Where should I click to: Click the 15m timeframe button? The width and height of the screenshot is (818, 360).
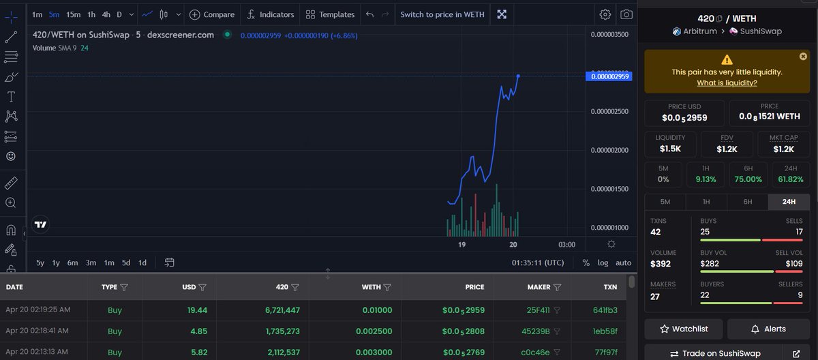click(x=73, y=14)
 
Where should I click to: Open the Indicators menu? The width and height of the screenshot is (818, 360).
click(x=271, y=14)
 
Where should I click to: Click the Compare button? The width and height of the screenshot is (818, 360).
click(x=212, y=14)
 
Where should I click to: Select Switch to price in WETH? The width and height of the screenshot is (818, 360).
click(x=442, y=14)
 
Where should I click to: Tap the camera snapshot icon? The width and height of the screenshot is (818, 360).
click(x=626, y=14)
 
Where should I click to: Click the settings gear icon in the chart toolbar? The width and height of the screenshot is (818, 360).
click(x=605, y=14)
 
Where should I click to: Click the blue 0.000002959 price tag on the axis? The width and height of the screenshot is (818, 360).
click(x=609, y=76)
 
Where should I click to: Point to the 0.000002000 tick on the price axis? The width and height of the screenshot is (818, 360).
click(x=609, y=150)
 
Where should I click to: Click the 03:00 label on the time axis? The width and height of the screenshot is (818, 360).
click(x=566, y=245)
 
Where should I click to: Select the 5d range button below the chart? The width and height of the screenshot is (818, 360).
click(x=126, y=263)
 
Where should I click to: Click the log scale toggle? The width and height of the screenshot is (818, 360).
click(x=603, y=263)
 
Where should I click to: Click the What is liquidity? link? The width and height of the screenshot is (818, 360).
click(x=727, y=83)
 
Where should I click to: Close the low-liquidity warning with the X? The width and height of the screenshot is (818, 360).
click(x=803, y=56)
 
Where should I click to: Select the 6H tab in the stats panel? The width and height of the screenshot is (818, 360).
click(x=748, y=202)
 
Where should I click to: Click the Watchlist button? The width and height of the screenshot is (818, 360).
click(x=684, y=329)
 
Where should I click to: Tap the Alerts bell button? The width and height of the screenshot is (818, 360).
click(x=768, y=329)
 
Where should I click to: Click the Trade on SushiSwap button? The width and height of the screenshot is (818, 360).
click(x=715, y=353)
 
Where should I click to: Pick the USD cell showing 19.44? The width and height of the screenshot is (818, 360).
click(x=197, y=310)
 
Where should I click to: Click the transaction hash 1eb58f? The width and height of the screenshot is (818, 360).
click(x=605, y=331)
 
